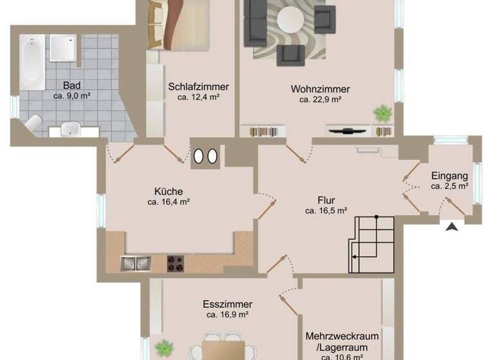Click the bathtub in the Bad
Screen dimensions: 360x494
[x=32, y=62]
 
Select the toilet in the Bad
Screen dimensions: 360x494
[x=33, y=123]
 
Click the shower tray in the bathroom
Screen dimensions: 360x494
[x=64, y=47]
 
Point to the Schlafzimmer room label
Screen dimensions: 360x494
[x=199, y=87]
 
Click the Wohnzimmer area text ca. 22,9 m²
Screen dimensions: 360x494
[x=320, y=100]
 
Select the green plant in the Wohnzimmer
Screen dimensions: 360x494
[x=383, y=114]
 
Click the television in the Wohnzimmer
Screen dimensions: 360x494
[x=348, y=131]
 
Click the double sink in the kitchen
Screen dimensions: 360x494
[x=135, y=262]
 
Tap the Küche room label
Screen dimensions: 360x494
[x=169, y=191]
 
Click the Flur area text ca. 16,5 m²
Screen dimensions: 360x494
[x=326, y=210]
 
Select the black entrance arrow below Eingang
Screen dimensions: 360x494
[x=453, y=226]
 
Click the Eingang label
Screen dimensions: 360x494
[x=450, y=175]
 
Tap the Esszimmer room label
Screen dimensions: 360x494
[x=227, y=304]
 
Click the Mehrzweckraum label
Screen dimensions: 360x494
[x=342, y=336]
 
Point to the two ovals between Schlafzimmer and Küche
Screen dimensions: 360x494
[x=206, y=156]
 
